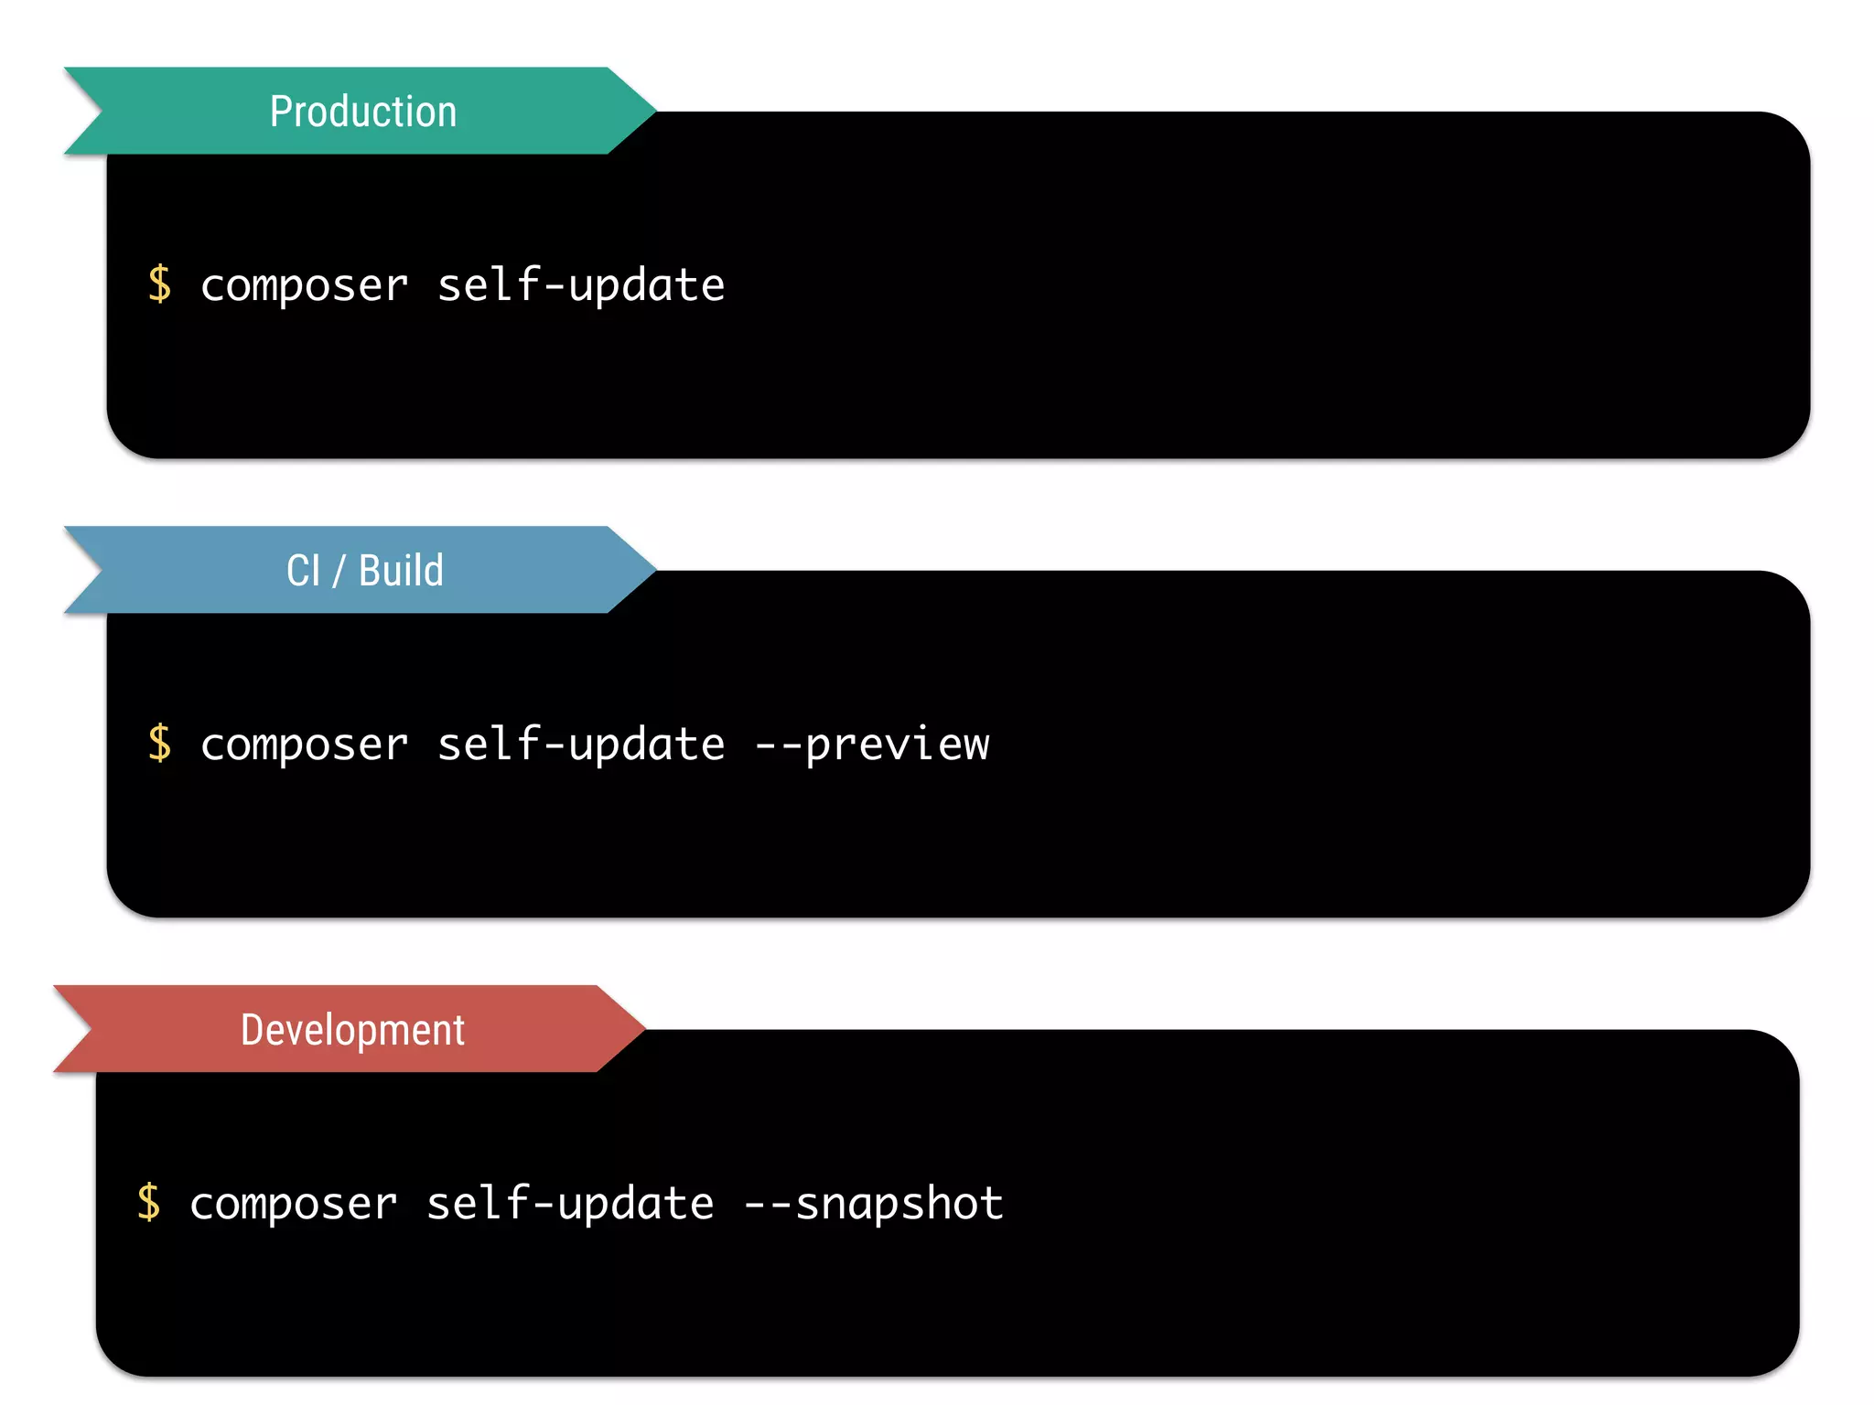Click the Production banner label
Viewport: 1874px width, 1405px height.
[362, 112]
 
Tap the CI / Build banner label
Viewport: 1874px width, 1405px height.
[364, 571]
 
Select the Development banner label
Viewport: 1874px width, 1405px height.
[352, 1030]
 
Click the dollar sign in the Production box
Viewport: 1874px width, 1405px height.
[159, 284]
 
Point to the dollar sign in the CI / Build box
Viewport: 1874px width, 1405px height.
[159, 743]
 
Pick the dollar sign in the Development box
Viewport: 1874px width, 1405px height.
[148, 1202]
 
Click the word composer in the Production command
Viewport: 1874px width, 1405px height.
[304, 285]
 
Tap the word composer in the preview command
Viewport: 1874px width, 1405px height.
[304, 745]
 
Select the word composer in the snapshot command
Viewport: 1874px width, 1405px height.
[293, 1204]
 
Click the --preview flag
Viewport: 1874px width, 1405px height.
[872, 745]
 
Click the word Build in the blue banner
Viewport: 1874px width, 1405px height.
[401, 571]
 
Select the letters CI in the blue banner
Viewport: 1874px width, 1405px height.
[303, 571]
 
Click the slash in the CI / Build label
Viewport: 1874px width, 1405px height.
[339, 572]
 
